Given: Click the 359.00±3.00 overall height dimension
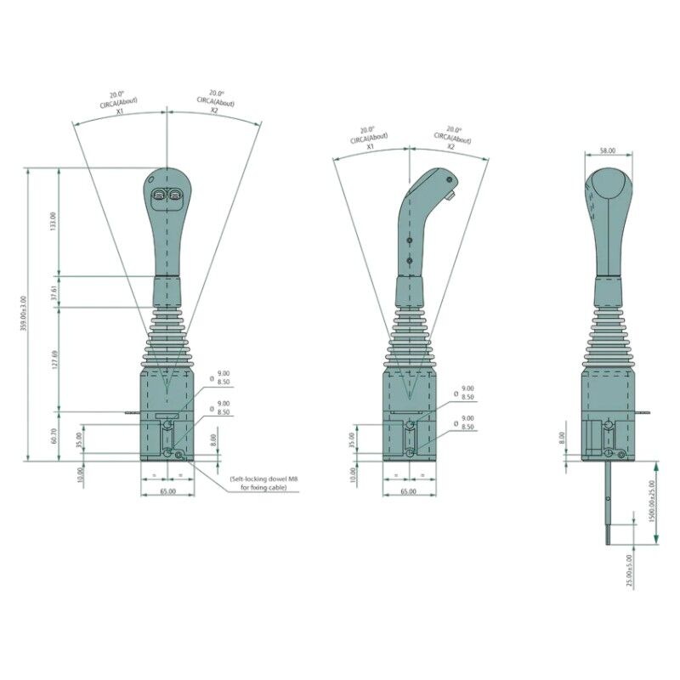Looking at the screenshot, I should click(x=23, y=314).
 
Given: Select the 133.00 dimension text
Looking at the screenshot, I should click(x=53, y=222).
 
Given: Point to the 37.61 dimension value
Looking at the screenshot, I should click(x=53, y=292).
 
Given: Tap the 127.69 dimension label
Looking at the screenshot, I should click(x=53, y=359).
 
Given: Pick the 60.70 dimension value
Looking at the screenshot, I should click(x=53, y=436).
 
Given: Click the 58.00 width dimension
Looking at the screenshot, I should click(x=607, y=150).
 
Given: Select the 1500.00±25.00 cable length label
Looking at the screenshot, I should click(x=652, y=501).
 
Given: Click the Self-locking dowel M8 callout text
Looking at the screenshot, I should click(x=263, y=484).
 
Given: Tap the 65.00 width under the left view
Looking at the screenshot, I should click(x=167, y=491).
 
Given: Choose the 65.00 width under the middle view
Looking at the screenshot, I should click(x=408, y=491).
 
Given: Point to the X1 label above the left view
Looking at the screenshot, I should click(x=120, y=110).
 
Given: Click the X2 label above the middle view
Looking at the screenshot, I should click(x=450, y=146).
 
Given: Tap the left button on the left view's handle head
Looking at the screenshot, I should click(x=158, y=196).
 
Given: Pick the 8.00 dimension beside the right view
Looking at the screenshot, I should click(x=561, y=439).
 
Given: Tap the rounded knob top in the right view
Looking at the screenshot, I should click(x=607, y=183).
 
